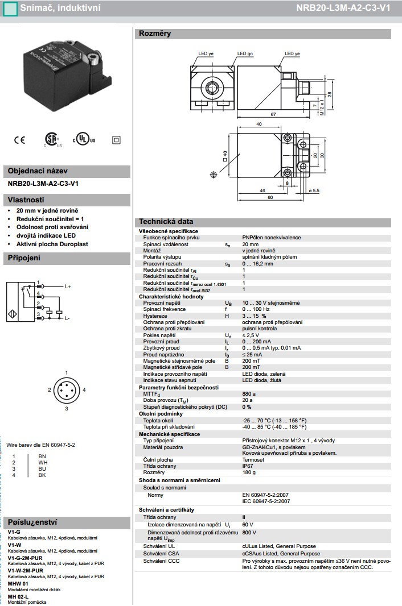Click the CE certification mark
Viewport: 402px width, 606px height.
tap(19, 139)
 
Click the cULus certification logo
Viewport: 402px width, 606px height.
tap(84, 139)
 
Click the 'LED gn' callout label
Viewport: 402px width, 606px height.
tap(246, 53)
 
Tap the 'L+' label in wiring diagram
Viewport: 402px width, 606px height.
tap(67, 287)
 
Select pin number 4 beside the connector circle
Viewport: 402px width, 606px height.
tap(84, 389)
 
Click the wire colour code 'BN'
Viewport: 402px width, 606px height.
tap(42, 456)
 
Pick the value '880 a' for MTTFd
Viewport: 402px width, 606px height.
tap(249, 393)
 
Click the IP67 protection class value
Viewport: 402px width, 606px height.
tap(248, 466)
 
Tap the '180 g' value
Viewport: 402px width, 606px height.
tap(249, 472)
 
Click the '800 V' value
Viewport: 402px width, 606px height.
tap(249, 532)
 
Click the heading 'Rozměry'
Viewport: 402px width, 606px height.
tap(155, 34)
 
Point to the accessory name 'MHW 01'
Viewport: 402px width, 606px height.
tap(18, 583)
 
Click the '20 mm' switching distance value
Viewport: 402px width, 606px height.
tap(251, 244)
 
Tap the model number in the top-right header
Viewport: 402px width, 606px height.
tap(351, 9)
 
